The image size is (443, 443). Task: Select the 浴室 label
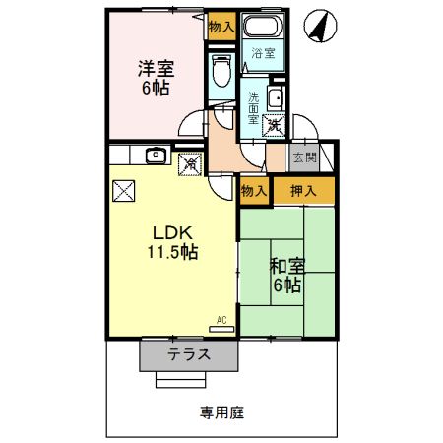[262, 53]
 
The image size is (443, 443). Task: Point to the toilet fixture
[221, 71]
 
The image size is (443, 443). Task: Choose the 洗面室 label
[253, 107]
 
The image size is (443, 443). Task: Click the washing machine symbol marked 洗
[275, 125]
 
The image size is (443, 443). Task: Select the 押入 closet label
[302, 190]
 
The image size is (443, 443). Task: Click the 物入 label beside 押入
[253, 190]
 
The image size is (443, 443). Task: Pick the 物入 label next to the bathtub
[221, 27]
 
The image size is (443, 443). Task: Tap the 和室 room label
[286, 266]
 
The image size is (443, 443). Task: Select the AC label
[221, 319]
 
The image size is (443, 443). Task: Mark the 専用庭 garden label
[222, 412]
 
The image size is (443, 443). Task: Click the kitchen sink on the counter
[154, 156]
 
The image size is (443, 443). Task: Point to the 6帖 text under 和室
[286, 285]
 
